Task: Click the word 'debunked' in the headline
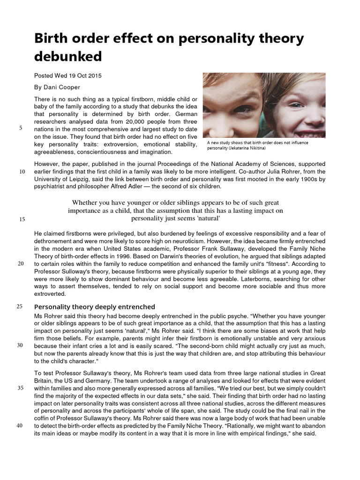(x=68, y=56)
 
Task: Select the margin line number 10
(x=22, y=172)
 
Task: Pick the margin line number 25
(x=20, y=307)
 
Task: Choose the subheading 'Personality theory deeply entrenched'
(x=95, y=307)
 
